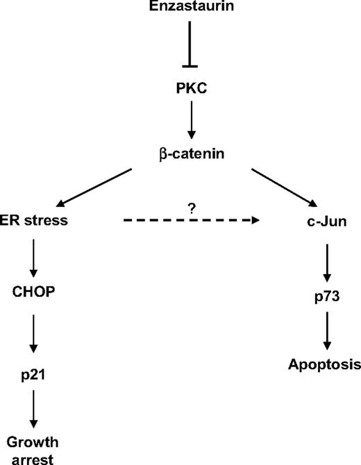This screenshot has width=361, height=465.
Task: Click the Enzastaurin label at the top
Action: tap(189, 8)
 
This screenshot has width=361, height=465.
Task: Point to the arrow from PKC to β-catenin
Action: tap(189, 122)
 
